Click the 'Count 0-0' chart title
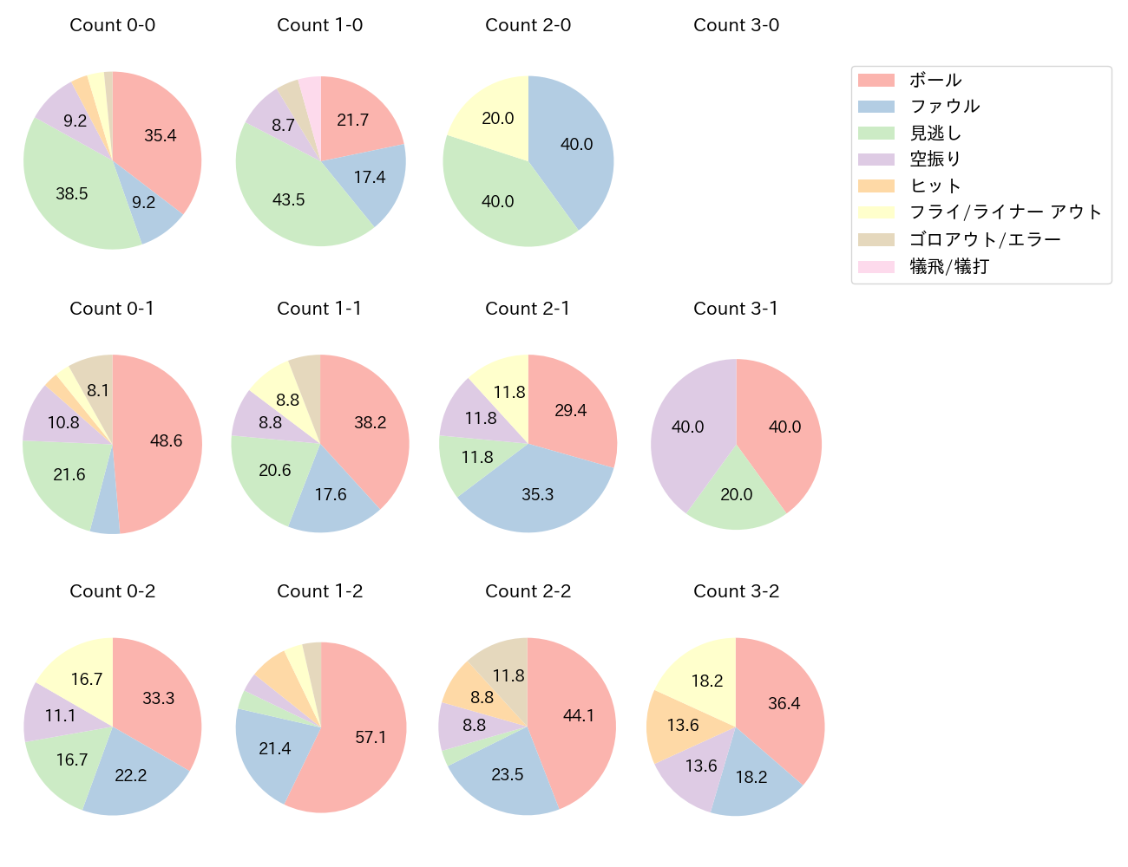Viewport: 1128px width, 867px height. [x=112, y=25]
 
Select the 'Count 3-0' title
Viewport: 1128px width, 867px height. [x=736, y=25]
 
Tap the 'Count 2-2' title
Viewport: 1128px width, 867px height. [x=528, y=591]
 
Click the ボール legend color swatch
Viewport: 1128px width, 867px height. [x=876, y=81]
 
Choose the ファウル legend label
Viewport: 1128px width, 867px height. [x=944, y=107]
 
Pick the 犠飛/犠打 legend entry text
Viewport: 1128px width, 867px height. [x=948, y=266]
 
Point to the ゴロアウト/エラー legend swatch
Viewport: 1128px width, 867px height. [x=876, y=239]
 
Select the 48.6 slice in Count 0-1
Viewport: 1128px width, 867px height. [x=161, y=442]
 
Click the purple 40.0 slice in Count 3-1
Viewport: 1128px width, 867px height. [x=690, y=429]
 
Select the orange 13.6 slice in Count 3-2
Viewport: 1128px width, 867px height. [x=681, y=725]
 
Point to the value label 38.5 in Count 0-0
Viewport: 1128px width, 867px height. [x=72, y=193]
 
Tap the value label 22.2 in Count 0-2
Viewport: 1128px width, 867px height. [x=131, y=775]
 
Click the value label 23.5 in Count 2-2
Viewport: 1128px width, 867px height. [x=508, y=774]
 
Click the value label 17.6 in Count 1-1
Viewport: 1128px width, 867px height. [x=331, y=494]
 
